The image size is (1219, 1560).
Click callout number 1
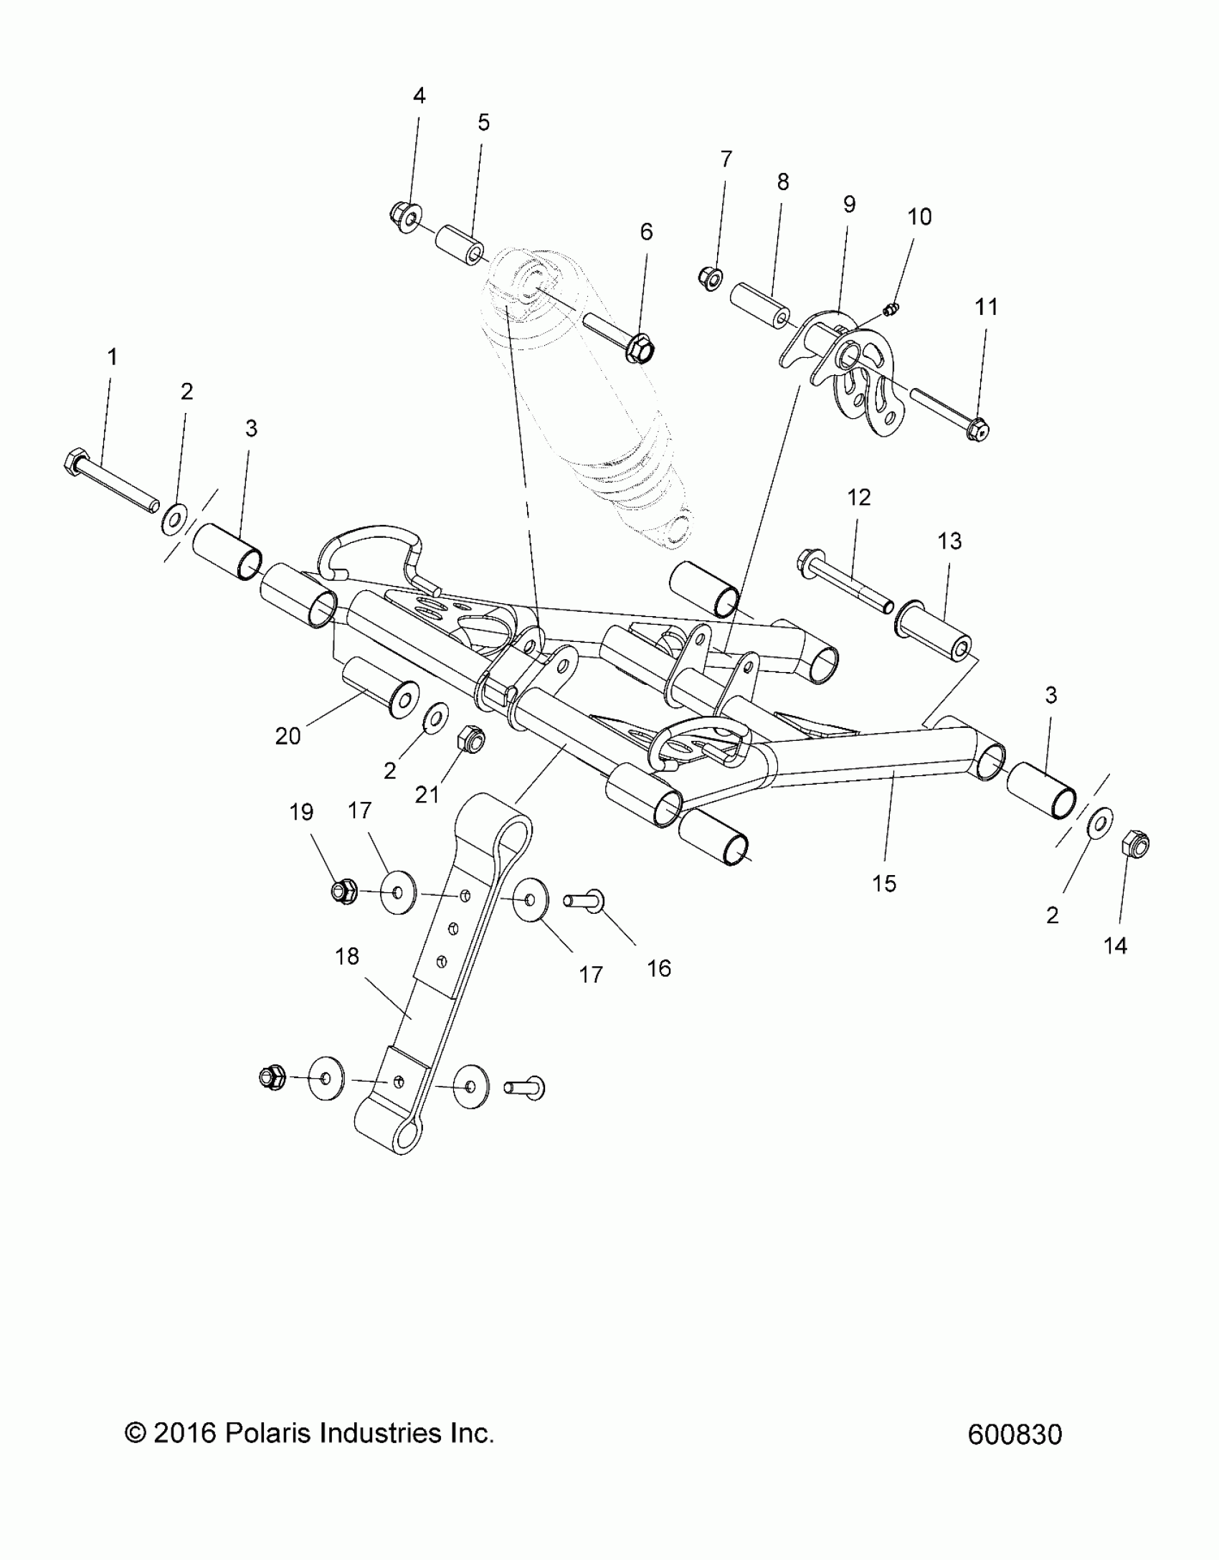click(112, 356)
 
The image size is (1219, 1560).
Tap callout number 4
click(419, 95)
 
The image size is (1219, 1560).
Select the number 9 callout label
click(849, 204)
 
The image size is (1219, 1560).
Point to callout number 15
click(884, 884)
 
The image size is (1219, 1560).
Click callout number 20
click(288, 736)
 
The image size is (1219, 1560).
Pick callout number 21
click(427, 794)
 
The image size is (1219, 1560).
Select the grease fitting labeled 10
click(891, 309)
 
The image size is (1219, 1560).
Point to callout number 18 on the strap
click(347, 956)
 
